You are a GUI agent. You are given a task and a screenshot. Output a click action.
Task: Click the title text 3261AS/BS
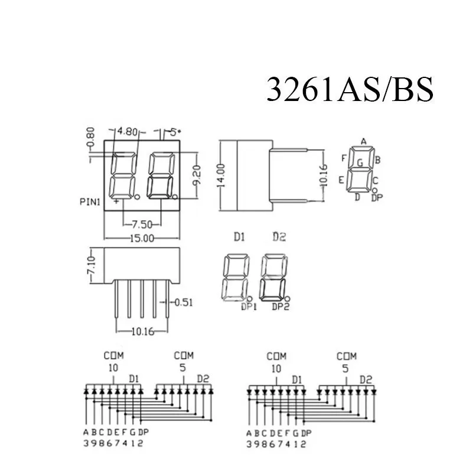tap(350, 89)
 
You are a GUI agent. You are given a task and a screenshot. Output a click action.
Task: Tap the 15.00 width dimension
tap(142, 239)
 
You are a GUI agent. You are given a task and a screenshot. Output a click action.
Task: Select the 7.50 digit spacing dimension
tap(142, 224)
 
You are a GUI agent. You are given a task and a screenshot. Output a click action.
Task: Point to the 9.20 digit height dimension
tap(197, 175)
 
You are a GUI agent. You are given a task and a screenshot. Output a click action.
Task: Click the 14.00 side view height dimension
tap(221, 175)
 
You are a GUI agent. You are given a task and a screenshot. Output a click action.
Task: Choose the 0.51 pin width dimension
tap(184, 302)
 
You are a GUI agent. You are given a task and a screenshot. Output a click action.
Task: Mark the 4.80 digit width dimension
tap(128, 131)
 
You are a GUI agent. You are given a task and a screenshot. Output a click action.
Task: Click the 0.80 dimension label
tap(90, 137)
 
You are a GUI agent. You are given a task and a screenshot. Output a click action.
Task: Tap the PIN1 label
tap(90, 202)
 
